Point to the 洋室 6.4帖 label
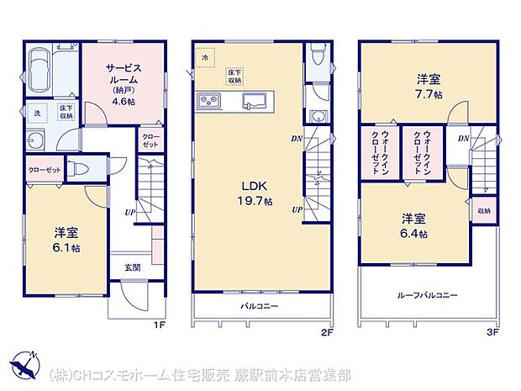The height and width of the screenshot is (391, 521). pos(413,225)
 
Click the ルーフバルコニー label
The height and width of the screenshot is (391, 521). pos(428,295)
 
